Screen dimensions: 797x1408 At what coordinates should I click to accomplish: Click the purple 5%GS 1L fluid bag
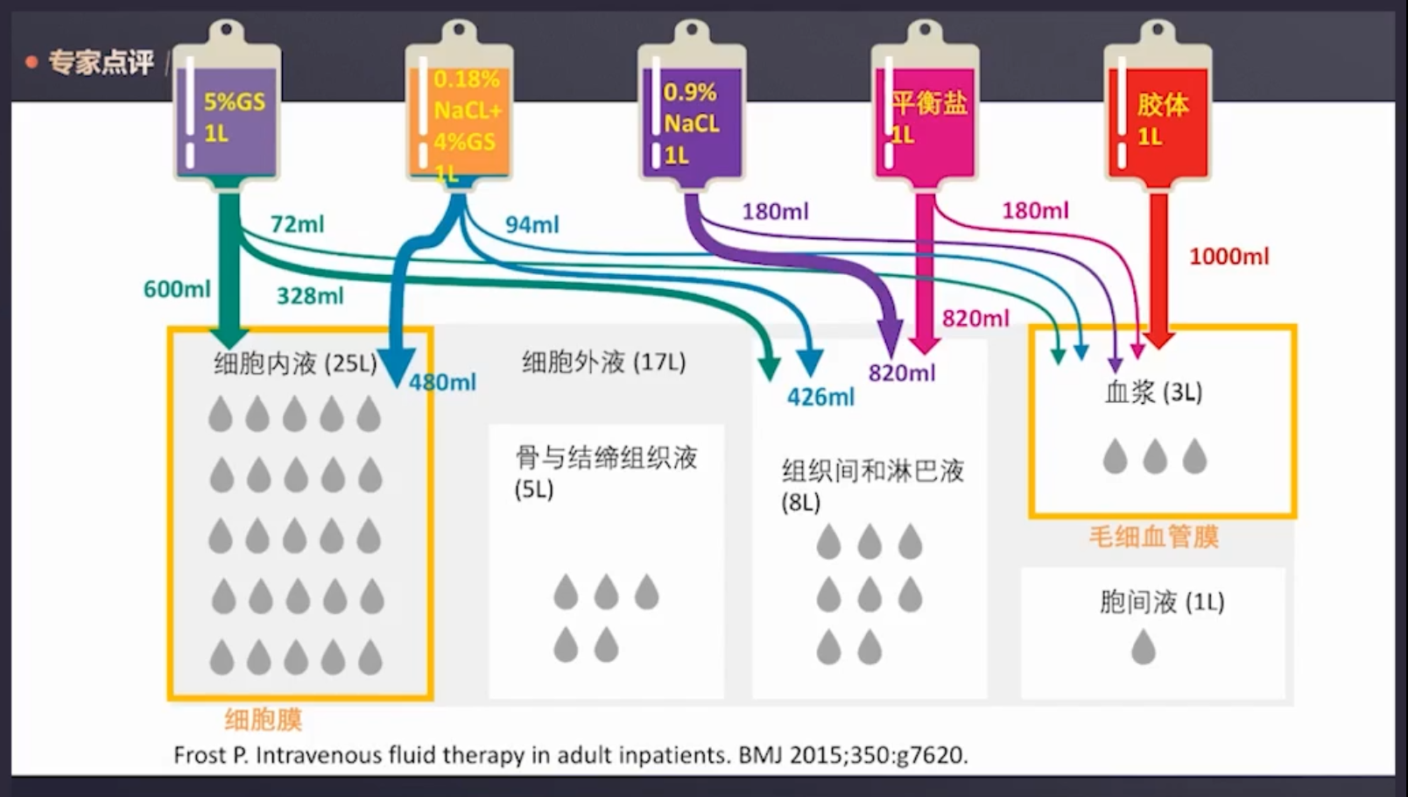tap(228, 114)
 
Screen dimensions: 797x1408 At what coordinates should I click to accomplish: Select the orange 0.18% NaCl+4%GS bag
tap(459, 118)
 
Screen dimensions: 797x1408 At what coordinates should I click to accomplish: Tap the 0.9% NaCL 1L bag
tap(692, 118)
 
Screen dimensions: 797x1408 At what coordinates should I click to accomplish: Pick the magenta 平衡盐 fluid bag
tap(925, 118)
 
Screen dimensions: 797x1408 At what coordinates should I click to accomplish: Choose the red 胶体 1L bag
tap(1158, 118)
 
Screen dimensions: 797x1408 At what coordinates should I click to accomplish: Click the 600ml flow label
tap(177, 289)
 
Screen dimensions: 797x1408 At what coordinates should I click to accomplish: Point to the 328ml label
tap(310, 296)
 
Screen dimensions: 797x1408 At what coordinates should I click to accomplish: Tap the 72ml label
tap(297, 224)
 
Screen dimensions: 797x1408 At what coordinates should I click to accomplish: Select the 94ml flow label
tap(532, 225)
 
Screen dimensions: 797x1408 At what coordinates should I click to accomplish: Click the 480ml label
tap(443, 383)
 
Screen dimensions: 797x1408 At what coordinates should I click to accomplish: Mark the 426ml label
tap(820, 398)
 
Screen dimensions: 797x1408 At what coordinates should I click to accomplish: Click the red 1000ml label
tap(1228, 257)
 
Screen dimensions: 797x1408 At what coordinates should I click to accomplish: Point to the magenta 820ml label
tap(975, 319)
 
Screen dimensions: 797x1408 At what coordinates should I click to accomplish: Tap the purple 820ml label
tap(902, 374)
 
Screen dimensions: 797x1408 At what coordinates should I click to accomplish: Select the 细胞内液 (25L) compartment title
tap(295, 363)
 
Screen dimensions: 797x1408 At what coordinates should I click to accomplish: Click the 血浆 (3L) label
tap(1153, 392)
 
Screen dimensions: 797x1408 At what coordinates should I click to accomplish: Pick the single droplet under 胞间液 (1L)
tap(1144, 648)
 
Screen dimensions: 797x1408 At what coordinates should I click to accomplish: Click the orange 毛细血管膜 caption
tap(1153, 537)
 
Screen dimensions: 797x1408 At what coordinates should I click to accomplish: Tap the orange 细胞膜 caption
tap(263, 720)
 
